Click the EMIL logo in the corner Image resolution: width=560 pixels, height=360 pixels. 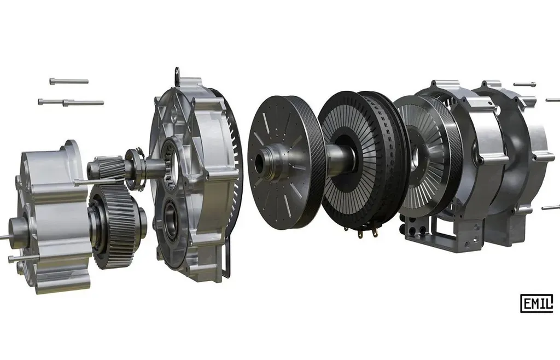click(x=536, y=303)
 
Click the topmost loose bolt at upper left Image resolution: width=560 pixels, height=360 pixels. click(x=69, y=82)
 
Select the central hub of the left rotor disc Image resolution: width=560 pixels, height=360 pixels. click(x=269, y=160)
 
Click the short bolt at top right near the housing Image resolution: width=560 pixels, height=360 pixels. click(x=524, y=84)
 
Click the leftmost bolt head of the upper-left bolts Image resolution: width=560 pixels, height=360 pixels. click(x=40, y=102)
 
